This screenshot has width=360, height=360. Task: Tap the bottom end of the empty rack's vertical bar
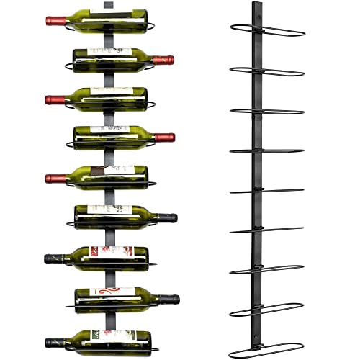(254, 354)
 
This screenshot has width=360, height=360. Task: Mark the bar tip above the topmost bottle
(108, 4)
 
